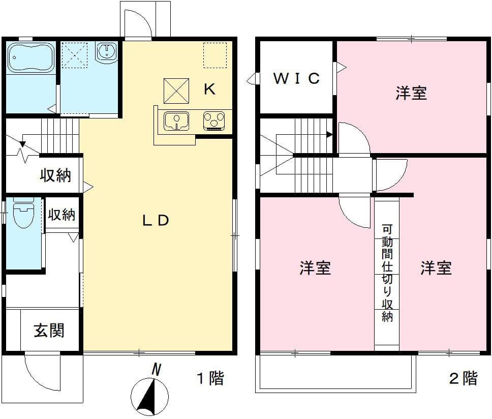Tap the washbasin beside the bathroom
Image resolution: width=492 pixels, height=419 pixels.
pos(107,52)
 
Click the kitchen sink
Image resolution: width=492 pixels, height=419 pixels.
pos(176,121)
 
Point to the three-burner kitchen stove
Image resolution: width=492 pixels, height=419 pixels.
pos(214,121)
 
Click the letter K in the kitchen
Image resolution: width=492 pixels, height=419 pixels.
pos(209,89)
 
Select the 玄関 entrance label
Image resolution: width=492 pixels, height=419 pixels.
pos(49,331)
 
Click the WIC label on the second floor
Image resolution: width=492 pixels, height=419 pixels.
pos(297,78)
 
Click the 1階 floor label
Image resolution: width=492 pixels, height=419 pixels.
pos(210,378)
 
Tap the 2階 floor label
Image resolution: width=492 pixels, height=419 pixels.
pos(463,378)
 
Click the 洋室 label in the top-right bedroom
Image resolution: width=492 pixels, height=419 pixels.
pos(411,93)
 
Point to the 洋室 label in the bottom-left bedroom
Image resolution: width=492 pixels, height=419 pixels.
pos(315,268)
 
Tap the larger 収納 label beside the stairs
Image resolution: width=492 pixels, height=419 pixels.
pos(55,176)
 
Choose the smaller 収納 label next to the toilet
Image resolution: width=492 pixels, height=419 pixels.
pos(61,215)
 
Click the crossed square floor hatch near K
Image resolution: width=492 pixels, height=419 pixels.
pos(176,91)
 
